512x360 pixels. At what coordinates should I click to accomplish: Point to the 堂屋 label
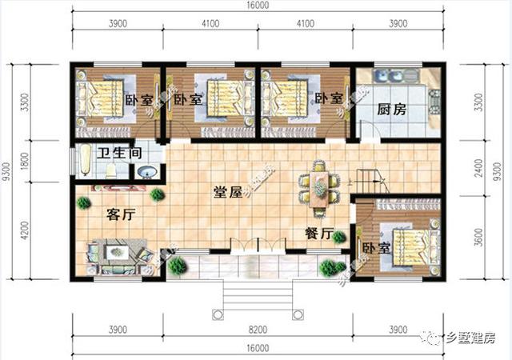228,193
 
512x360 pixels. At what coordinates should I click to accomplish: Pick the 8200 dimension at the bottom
258,330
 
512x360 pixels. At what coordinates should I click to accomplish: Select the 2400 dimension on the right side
479,166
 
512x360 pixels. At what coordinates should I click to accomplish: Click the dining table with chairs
319,189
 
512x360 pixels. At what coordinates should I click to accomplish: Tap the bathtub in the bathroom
85,160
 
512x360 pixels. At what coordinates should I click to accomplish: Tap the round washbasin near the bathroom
147,170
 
